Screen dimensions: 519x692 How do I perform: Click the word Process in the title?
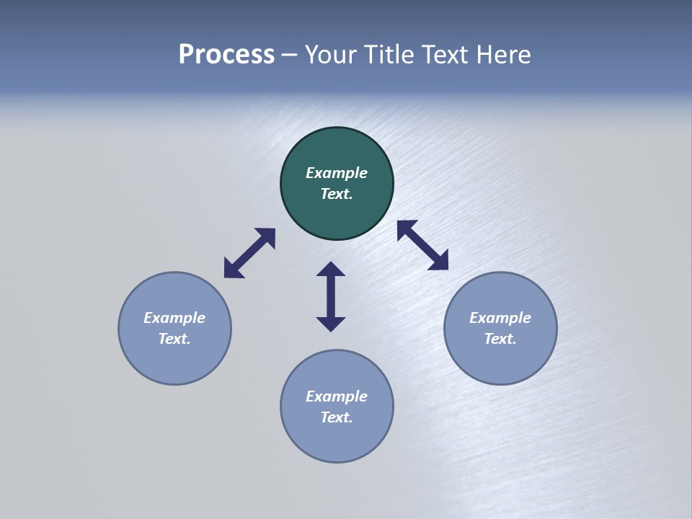point(226,55)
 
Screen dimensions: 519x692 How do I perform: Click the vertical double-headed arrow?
point(331,297)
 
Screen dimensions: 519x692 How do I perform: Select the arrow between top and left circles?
point(249,253)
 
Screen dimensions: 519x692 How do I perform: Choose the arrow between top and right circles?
point(422,245)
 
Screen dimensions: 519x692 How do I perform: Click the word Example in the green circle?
point(337,173)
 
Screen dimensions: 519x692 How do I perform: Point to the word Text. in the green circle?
point(337,194)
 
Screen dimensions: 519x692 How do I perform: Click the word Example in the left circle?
point(174,318)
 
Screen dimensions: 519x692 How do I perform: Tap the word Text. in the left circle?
point(174,339)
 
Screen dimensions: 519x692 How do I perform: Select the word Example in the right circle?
point(500,318)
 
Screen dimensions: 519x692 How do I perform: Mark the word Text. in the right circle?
point(500,339)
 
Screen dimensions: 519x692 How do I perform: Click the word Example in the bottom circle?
point(337,396)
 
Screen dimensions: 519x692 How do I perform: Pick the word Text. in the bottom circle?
point(337,417)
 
